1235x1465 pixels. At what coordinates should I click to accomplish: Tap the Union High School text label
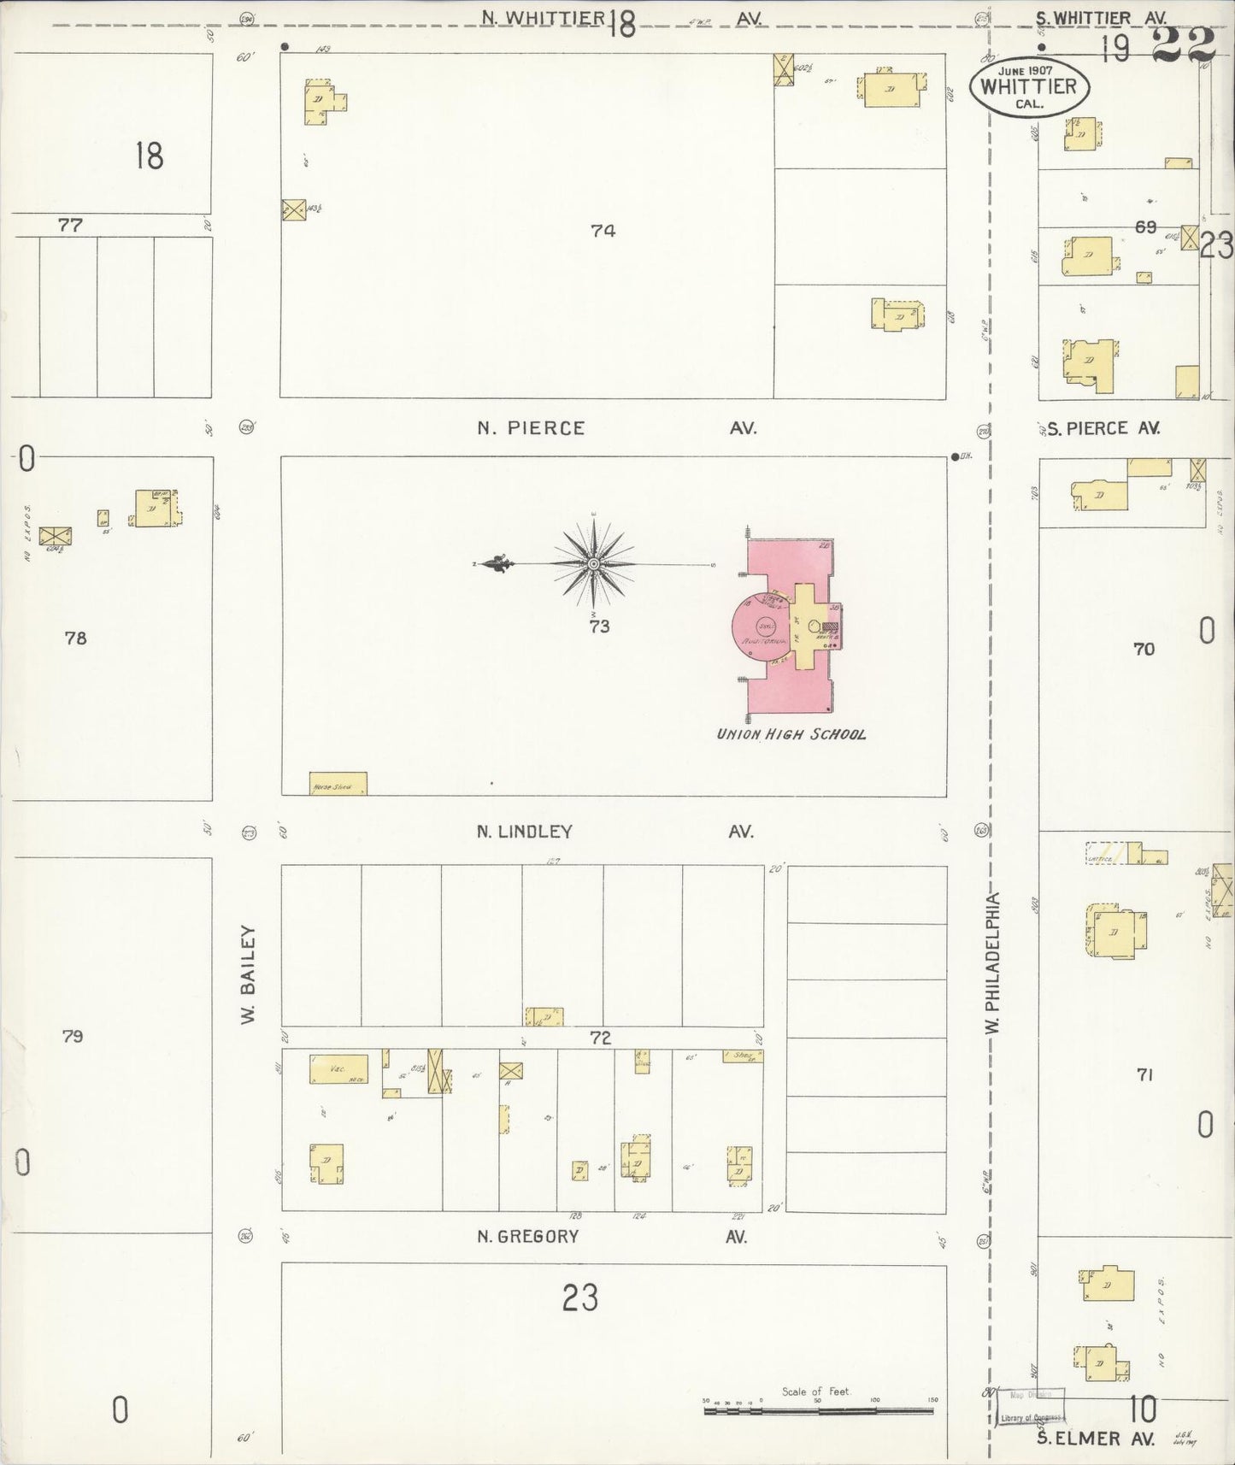791,734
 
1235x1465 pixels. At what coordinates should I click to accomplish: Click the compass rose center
593,564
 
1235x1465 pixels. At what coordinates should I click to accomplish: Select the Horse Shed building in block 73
338,784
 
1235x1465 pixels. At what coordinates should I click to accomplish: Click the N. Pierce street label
531,428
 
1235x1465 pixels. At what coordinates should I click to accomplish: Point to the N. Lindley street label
525,831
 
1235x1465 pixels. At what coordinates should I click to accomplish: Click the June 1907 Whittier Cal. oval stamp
1028,87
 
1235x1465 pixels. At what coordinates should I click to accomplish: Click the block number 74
603,230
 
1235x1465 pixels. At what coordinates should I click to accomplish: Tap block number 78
76,638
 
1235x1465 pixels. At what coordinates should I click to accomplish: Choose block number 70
1144,650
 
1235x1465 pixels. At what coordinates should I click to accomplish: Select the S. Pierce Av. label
1103,428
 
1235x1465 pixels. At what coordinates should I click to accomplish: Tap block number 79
73,1037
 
